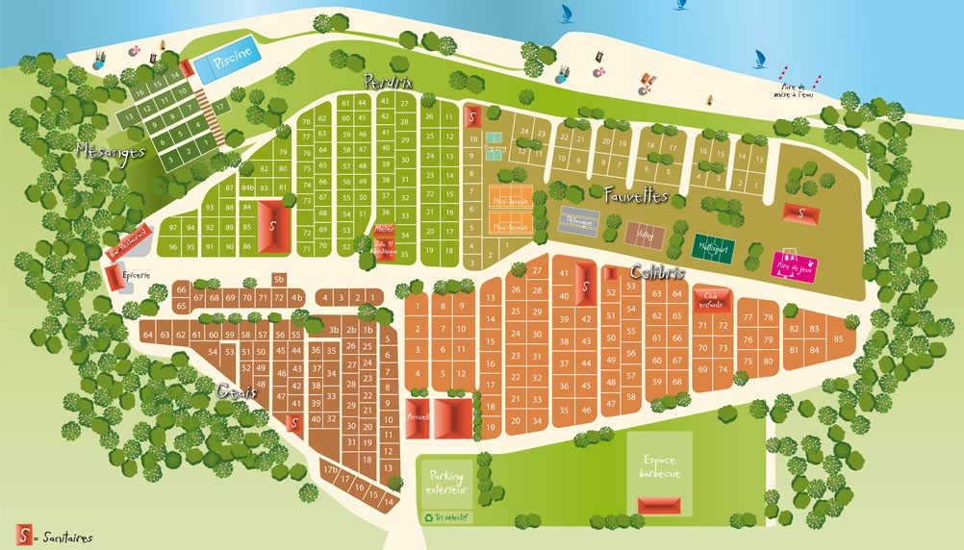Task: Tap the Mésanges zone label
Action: (x=110, y=150)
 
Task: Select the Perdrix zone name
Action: (x=388, y=83)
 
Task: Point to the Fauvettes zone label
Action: (x=636, y=196)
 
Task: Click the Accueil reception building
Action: (x=418, y=418)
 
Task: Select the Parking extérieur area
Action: (x=446, y=483)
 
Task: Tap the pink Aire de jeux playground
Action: (x=796, y=264)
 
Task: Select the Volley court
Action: (x=645, y=235)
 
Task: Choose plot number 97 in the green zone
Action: (x=172, y=228)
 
